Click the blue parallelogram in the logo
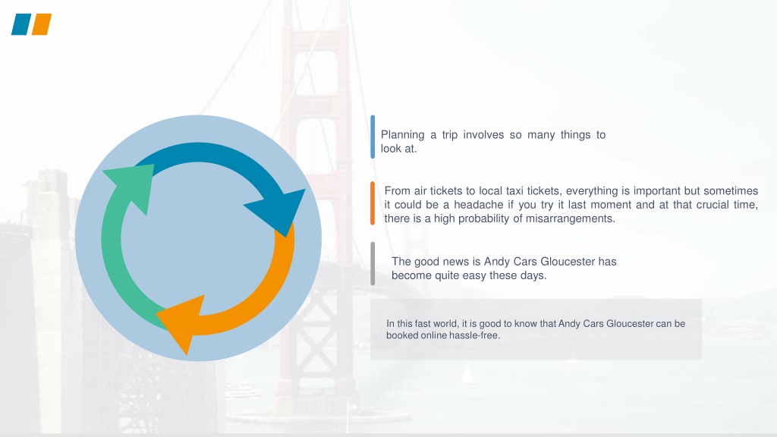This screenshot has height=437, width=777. (21, 24)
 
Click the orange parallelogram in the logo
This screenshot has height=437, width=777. (42, 24)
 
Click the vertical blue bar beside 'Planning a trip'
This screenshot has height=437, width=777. (373, 137)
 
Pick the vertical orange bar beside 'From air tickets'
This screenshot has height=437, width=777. (373, 203)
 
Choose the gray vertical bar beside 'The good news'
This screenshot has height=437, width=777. (373, 263)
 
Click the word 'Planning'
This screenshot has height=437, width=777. (402, 135)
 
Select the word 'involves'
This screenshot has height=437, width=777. (483, 135)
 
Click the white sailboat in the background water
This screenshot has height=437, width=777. (467, 375)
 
